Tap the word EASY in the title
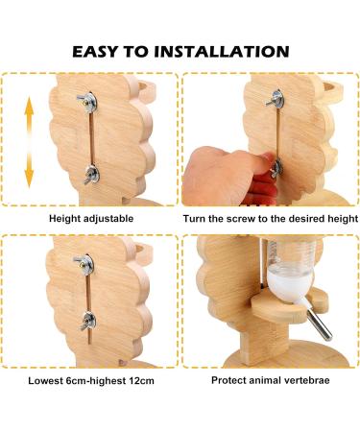(x=95, y=52)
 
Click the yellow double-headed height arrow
(x=29, y=142)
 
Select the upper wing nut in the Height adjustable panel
(x=87, y=102)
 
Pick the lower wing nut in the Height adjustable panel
(x=91, y=175)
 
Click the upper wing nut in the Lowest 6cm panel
(x=84, y=264)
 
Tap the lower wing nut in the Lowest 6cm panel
(x=87, y=322)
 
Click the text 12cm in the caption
(x=141, y=381)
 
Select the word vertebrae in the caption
(x=306, y=380)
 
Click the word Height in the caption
(x=64, y=219)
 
